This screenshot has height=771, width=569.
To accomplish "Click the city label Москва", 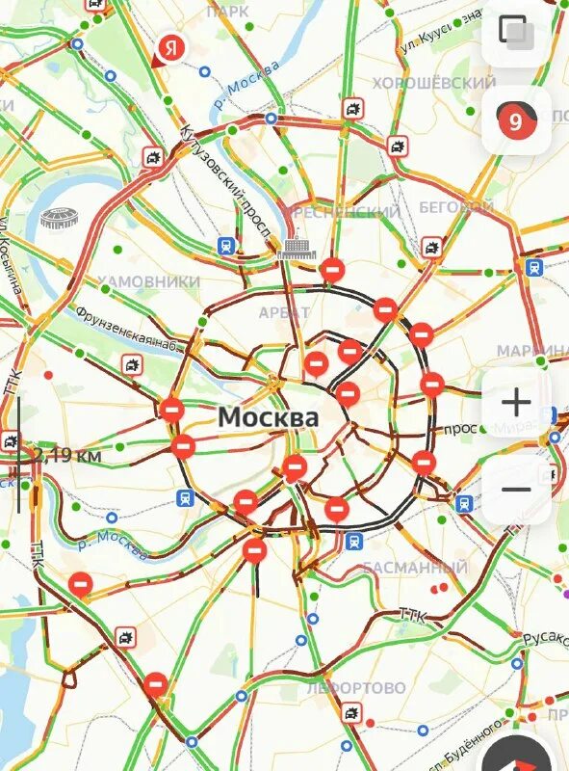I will click(268, 417).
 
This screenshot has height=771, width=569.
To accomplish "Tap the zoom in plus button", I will click(516, 402).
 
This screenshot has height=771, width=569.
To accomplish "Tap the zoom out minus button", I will click(516, 489).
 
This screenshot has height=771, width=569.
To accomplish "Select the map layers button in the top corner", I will click(516, 33).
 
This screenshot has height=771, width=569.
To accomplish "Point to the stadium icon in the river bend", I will click(59, 219).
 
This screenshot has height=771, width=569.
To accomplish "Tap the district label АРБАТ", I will click(285, 312).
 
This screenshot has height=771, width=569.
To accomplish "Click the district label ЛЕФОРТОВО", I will click(356, 688).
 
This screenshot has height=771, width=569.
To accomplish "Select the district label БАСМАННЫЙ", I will click(415, 568).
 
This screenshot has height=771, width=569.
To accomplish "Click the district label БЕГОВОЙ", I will click(456, 207).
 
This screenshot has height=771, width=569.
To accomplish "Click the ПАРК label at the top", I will click(227, 11).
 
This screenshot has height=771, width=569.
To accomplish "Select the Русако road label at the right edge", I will click(545, 638).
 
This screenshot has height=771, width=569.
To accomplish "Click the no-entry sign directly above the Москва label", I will click(316, 364).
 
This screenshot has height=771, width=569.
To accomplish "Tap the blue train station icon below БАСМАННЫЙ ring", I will click(354, 541).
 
